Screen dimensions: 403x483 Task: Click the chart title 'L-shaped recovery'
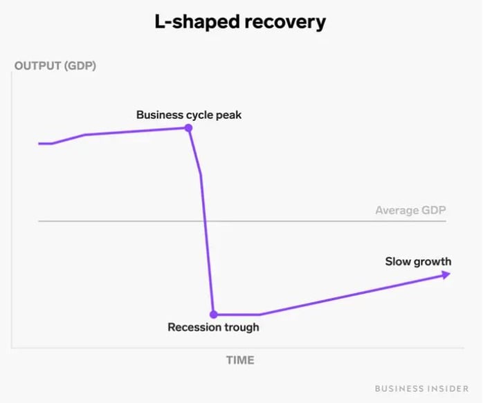point(240,22)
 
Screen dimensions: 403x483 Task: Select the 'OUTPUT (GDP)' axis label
point(55,67)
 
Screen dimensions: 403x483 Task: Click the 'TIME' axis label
point(240,360)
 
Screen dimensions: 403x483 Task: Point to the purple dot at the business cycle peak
point(188,128)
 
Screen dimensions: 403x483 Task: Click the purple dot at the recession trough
point(214,314)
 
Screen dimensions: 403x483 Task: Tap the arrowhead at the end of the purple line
point(446,274)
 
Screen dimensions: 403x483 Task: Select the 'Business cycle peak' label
point(189,115)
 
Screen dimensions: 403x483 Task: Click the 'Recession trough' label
point(213,327)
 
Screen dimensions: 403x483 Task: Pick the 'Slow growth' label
point(418,261)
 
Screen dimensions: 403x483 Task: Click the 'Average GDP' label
point(410,210)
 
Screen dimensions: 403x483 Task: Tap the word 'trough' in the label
point(240,328)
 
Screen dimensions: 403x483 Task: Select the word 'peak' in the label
point(229,115)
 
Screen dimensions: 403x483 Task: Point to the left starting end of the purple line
point(40,144)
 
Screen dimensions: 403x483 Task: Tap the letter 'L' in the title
point(160,22)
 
